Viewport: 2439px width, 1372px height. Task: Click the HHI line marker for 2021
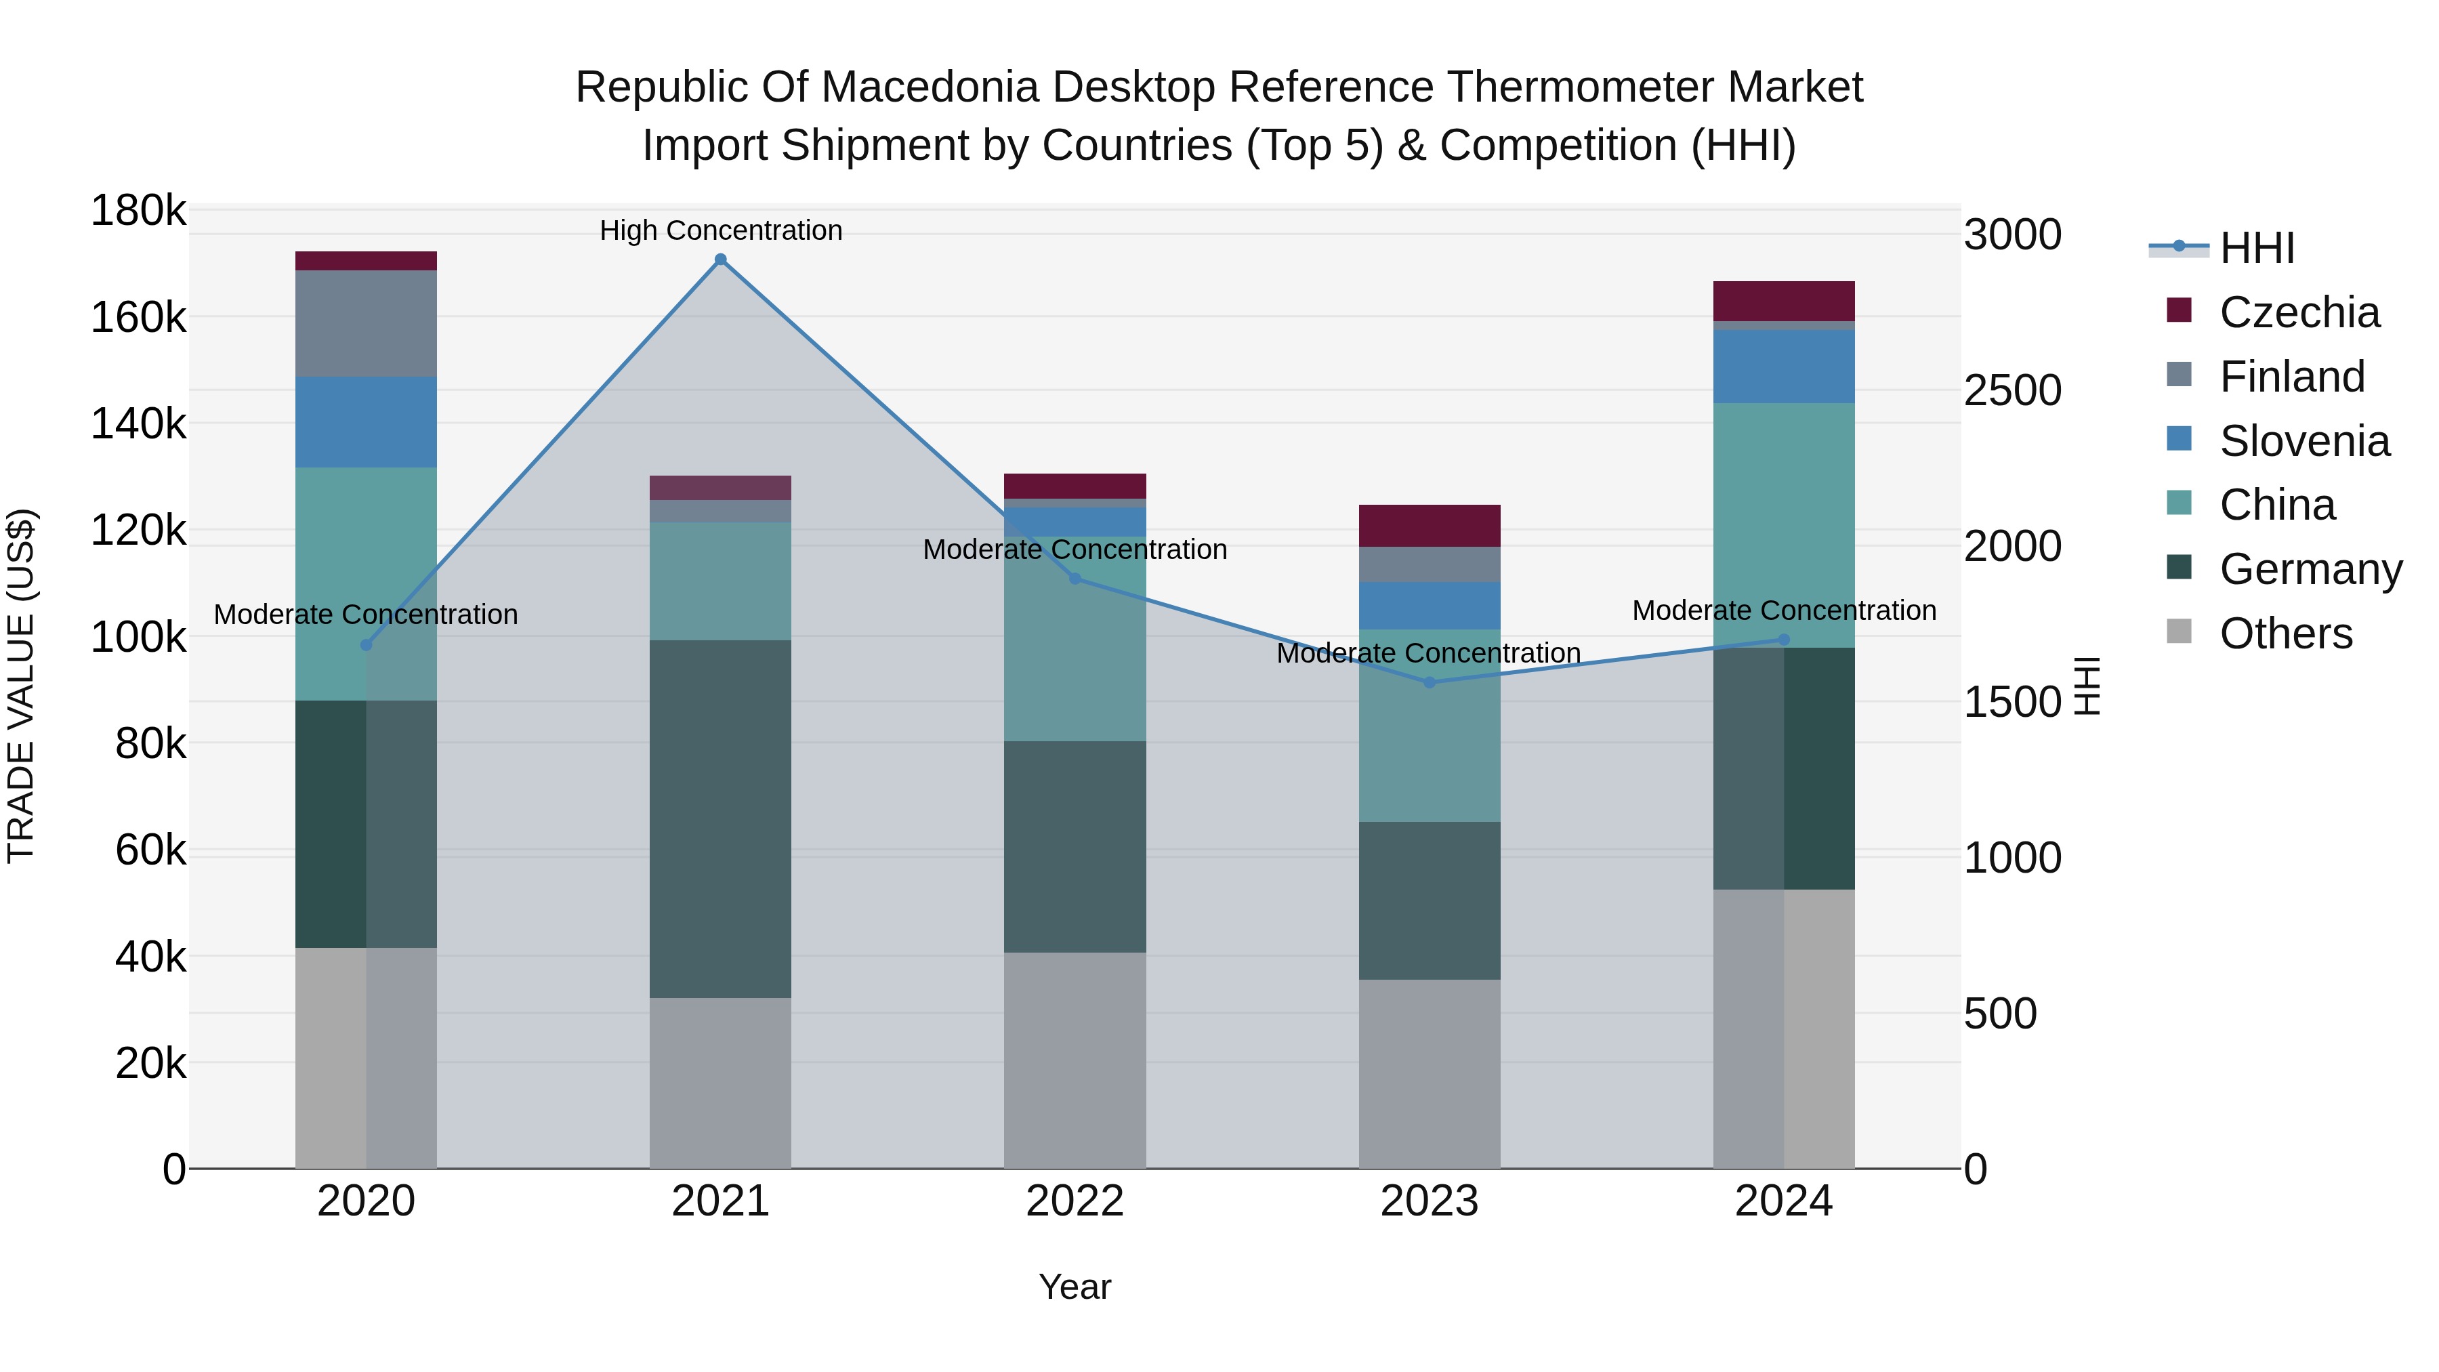click(721, 259)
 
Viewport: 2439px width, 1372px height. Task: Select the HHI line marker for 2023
click(1430, 682)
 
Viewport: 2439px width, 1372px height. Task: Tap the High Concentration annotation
click(721, 230)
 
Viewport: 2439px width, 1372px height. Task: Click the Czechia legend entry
click(2298, 312)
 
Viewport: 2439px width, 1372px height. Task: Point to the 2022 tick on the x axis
click(1075, 1201)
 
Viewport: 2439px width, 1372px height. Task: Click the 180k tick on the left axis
click(138, 210)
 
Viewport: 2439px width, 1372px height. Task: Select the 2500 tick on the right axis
click(2012, 390)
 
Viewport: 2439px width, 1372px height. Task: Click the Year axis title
click(1075, 1287)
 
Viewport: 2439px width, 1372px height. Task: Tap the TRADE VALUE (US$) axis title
click(21, 686)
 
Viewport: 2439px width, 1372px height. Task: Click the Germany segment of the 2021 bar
click(721, 819)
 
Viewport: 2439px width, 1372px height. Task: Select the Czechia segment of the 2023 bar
click(1430, 526)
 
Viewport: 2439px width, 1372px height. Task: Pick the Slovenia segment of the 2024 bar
click(1784, 367)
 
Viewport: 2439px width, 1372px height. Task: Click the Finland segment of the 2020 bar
click(367, 324)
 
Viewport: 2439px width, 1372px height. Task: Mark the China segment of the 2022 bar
click(1075, 639)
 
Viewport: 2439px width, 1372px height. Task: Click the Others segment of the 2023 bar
click(1430, 1074)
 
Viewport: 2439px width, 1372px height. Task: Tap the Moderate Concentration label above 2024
click(1784, 610)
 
